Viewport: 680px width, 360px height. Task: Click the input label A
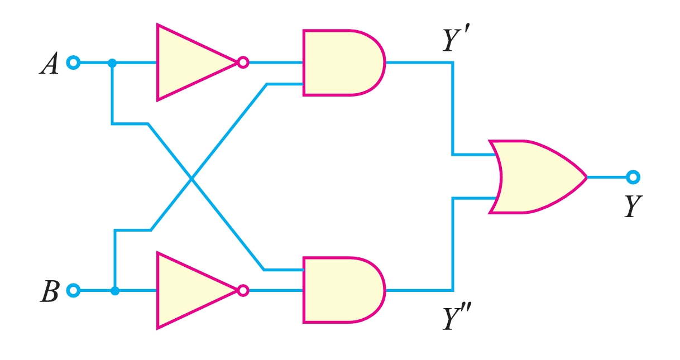(49, 64)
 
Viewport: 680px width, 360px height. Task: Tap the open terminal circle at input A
(73, 63)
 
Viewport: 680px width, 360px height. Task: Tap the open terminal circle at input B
(73, 290)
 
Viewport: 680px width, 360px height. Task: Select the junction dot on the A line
(112, 63)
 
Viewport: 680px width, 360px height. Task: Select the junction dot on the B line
(114, 290)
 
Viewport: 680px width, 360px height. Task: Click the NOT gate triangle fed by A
(190, 63)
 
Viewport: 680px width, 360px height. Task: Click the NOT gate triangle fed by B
(190, 290)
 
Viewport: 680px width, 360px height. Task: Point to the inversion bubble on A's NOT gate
(242, 63)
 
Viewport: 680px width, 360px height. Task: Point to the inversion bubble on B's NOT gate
(242, 290)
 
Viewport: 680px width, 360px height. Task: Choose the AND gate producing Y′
(341, 63)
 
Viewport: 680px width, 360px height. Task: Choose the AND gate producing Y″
(341, 290)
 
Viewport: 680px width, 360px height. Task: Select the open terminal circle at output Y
(633, 177)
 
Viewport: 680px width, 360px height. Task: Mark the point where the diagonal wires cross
(191, 179)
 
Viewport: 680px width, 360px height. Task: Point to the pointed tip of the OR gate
(586, 177)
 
